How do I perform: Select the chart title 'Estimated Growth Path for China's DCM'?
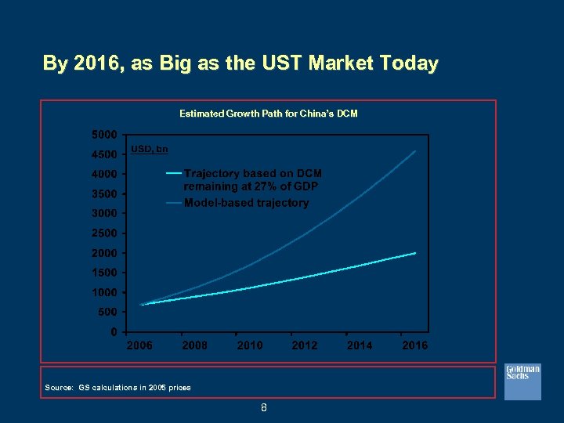click(268, 114)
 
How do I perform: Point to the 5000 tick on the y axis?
click(106, 134)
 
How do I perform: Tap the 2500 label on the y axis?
click(106, 233)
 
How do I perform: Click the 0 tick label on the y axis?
click(114, 331)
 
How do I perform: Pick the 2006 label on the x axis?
click(140, 345)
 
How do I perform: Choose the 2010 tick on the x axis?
click(250, 345)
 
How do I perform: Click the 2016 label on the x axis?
click(414, 345)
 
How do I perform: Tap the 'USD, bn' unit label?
click(149, 149)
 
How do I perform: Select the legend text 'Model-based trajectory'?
click(246, 203)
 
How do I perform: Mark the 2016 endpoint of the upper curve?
click(416, 151)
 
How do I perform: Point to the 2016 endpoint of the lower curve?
click(415, 253)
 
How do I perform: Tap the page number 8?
click(264, 407)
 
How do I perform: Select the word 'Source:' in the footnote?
click(59, 388)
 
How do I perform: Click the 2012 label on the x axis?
click(305, 345)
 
